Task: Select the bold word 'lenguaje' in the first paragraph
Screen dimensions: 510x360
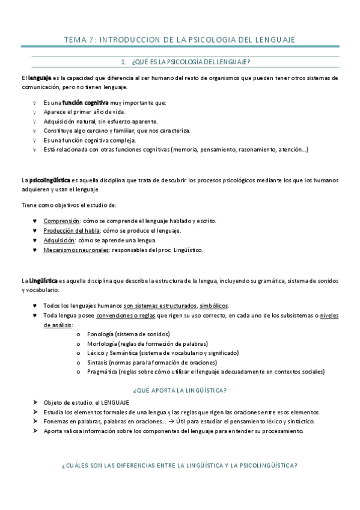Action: coord(32,78)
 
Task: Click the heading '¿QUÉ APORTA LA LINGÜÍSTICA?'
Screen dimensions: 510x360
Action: coord(180,390)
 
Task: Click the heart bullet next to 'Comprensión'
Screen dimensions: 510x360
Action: coord(35,221)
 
